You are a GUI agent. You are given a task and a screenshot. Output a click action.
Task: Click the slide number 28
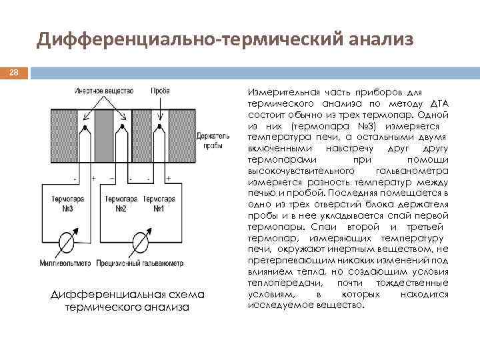pyautogui.click(x=13, y=71)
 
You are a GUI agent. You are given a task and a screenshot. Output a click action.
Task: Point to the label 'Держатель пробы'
pyautogui.click(x=209, y=140)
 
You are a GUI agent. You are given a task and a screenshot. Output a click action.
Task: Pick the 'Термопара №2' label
pyautogui.click(x=121, y=203)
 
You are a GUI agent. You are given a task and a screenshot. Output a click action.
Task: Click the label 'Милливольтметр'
pyautogui.click(x=65, y=263)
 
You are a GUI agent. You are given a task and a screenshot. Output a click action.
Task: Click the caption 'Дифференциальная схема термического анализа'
pyautogui.click(x=127, y=301)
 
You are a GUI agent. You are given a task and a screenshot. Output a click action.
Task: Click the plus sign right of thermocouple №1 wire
pyautogui.click(x=169, y=179)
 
